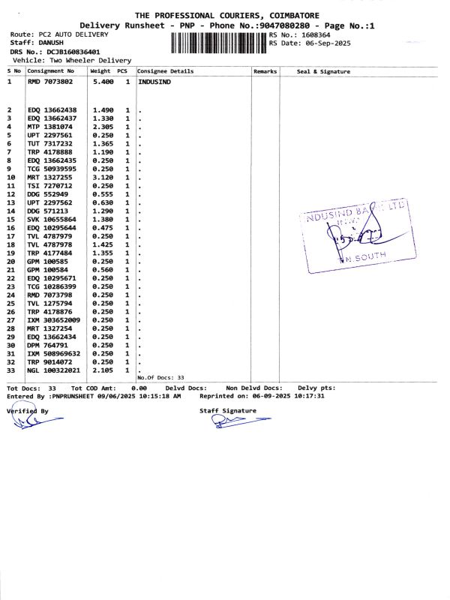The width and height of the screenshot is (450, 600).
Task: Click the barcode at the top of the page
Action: click(219, 40)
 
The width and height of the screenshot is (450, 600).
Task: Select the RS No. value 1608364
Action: click(316, 34)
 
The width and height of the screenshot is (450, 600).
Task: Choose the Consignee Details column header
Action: click(166, 71)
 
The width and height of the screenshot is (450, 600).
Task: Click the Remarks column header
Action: click(265, 71)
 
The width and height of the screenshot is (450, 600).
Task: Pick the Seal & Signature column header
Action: click(323, 71)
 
